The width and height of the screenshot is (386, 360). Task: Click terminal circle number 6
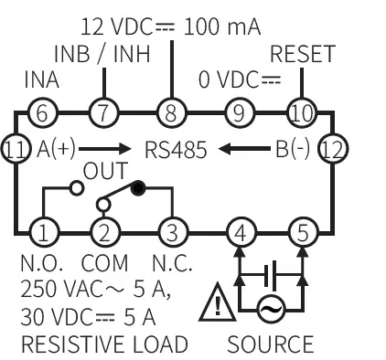pyautogui.click(x=41, y=114)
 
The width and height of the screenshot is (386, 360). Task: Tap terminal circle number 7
pyautogui.click(x=105, y=114)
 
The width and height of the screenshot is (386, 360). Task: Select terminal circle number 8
pyautogui.click(x=171, y=114)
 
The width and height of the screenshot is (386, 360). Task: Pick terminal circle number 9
pyautogui.click(x=238, y=114)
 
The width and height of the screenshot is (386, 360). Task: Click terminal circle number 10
pyautogui.click(x=303, y=114)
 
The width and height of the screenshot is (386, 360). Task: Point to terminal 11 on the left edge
pyautogui.click(x=16, y=146)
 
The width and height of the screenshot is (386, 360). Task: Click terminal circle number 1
pyautogui.click(x=41, y=231)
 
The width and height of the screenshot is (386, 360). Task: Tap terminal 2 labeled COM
pyautogui.click(x=105, y=231)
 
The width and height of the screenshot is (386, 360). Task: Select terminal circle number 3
pyautogui.click(x=171, y=231)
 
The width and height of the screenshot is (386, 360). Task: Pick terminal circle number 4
pyautogui.click(x=238, y=231)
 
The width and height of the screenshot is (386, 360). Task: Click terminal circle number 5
pyautogui.click(x=303, y=231)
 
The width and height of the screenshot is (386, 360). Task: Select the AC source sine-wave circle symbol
pyautogui.click(x=270, y=311)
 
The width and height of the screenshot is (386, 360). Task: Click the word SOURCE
pyautogui.click(x=270, y=344)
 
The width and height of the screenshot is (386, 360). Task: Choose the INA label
pyautogui.click(x=40, y=81)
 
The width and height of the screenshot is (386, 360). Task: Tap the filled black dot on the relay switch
pyautogui.click(x=139, y=189)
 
